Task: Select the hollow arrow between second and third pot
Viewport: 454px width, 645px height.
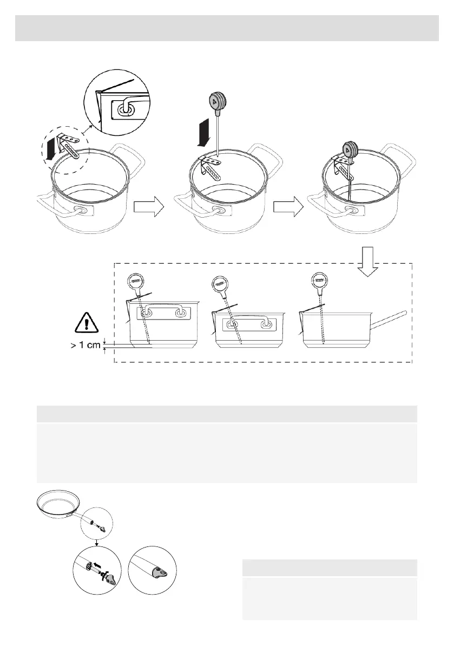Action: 287,207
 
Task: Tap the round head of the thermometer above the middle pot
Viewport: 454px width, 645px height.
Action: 218,101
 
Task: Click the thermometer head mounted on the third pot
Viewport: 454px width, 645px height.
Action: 349,149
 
